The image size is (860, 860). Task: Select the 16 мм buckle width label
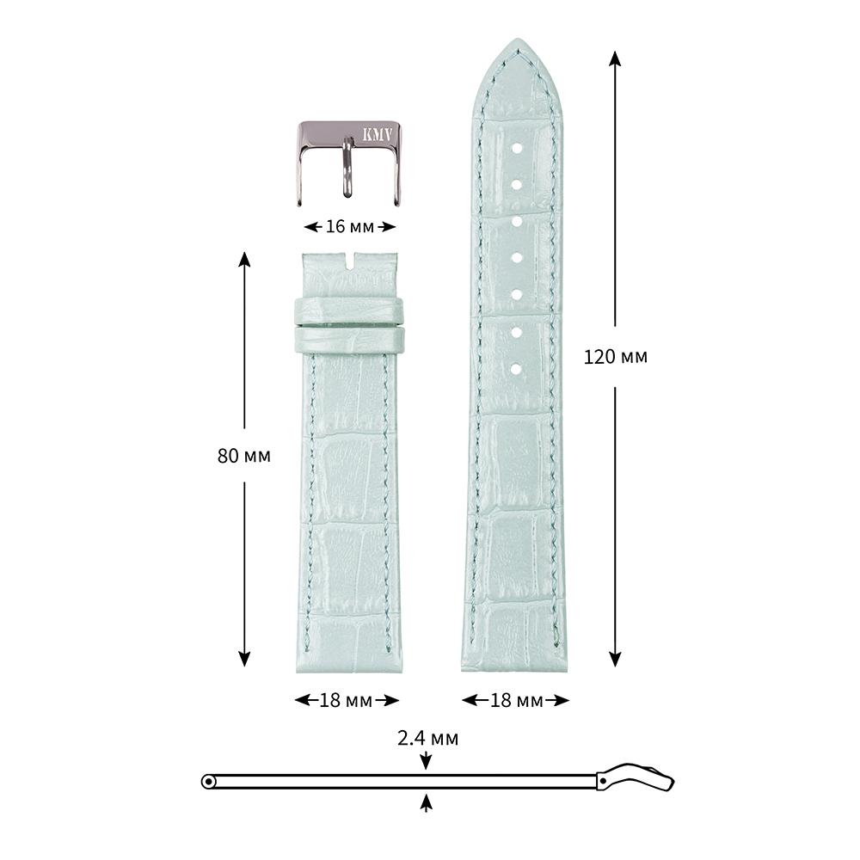(350, 226)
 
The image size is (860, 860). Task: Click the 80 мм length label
(244, 455)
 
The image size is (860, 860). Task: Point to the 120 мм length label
(616, 357)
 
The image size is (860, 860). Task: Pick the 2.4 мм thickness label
(427, 738)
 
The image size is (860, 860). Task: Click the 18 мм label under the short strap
(346, 700)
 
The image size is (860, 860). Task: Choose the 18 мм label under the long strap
(516, 700)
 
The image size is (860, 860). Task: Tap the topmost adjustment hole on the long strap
(517, 148)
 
